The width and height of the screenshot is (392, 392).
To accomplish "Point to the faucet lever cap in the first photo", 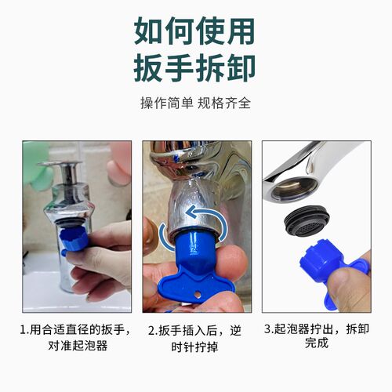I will [59, 168].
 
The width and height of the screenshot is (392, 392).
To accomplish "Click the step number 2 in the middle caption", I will [152, 329].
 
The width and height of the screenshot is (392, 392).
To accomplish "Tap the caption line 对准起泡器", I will [76, 344].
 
